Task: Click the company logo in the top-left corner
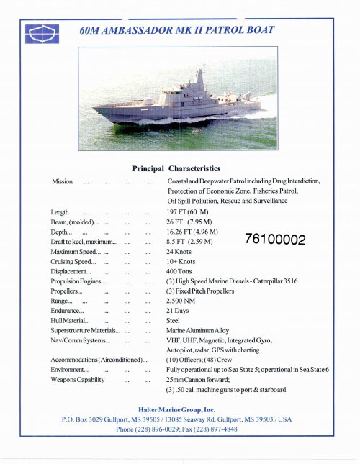(x=37, y=33)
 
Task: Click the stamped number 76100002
(x=276, y=240)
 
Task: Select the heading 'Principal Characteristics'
(x=176, y=168)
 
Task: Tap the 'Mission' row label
(x=62, y=181)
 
